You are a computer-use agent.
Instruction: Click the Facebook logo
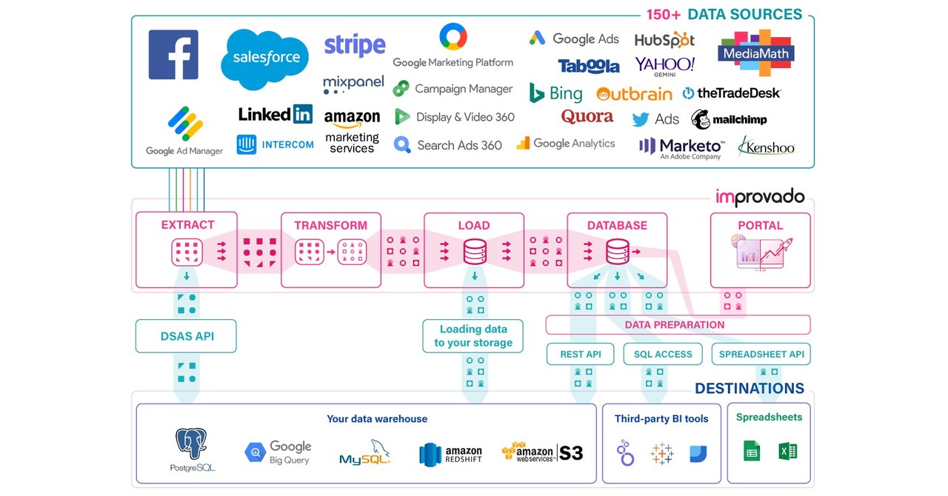tap(173, 55)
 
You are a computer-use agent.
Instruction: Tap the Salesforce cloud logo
tap(265, 58)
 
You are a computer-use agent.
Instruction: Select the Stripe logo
tap(355, 45)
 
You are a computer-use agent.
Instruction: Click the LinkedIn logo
tap(275, 114)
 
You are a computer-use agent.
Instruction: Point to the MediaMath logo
tap(755, 52)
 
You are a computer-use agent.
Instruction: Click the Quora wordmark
tap(587, 117)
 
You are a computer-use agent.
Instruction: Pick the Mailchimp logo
tap(729, 119)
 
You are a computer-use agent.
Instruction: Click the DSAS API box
tap(187, 336)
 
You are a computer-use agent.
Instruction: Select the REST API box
tap(581, 354)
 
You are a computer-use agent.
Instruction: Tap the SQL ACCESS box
tap(663, 354)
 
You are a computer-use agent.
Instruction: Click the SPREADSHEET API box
tap(761, 354)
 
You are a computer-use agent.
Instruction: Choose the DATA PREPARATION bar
tap(678, 324)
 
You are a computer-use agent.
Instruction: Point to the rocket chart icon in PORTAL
tap(761, 252)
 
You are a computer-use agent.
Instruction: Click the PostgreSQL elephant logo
tap(191, 444)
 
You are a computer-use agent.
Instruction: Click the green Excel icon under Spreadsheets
tap(788, 451)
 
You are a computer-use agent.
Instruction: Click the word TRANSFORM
tap(330, 225)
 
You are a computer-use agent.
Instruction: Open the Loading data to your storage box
tap(473, 336)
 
